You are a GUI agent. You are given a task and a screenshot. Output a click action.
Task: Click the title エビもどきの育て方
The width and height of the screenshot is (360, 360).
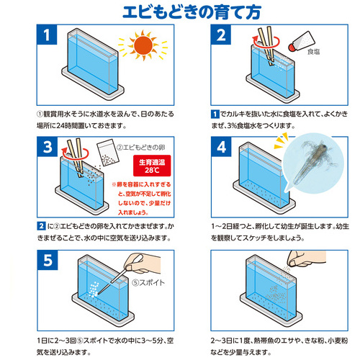point(192,12)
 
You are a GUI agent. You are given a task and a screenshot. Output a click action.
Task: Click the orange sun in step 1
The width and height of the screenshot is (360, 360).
point(143,45)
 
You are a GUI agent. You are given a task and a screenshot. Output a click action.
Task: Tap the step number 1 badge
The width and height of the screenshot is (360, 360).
point(47,35)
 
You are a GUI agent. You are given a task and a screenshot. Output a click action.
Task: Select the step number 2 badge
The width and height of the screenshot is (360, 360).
point(221,35)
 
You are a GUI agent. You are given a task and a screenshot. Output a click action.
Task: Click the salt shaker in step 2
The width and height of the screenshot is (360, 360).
point(302,41)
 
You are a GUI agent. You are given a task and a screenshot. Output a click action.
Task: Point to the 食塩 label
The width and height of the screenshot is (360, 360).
point(313,52)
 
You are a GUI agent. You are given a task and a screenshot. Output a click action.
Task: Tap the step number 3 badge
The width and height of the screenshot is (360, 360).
point(48,147)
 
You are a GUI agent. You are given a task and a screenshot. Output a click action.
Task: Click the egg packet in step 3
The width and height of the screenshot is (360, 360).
point(108,153)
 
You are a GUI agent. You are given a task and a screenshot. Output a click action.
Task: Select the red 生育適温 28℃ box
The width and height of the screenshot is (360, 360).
point(152,166)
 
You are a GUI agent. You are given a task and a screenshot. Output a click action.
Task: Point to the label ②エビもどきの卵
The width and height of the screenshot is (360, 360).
point(141,148)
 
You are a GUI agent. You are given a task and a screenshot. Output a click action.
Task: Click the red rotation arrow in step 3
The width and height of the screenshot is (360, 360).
point(75,152)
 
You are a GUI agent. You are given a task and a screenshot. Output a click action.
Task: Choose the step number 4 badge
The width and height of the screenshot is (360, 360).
point(221,147)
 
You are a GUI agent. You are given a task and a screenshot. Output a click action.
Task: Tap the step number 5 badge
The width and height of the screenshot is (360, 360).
point(48,260)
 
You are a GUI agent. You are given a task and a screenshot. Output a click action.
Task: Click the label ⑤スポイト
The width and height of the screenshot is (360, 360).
point(148,283)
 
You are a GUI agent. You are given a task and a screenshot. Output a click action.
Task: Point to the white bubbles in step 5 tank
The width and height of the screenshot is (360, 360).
point(94,289)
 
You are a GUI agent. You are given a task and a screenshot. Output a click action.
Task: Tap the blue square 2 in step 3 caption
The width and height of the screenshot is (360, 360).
point(41,226)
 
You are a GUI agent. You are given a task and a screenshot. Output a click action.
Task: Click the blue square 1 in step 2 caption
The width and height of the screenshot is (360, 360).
point(215,114)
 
